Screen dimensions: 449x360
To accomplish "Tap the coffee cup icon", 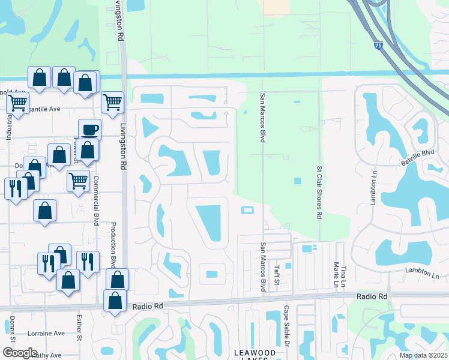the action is click(89, 129).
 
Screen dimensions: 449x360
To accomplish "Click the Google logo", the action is click(19, 353).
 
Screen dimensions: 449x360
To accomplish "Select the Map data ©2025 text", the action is click(423, 355).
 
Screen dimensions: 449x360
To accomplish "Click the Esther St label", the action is click(79, 329).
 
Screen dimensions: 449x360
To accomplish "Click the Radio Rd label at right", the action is click(372, 296).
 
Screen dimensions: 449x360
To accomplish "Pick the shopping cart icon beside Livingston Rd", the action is click(112, 103).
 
